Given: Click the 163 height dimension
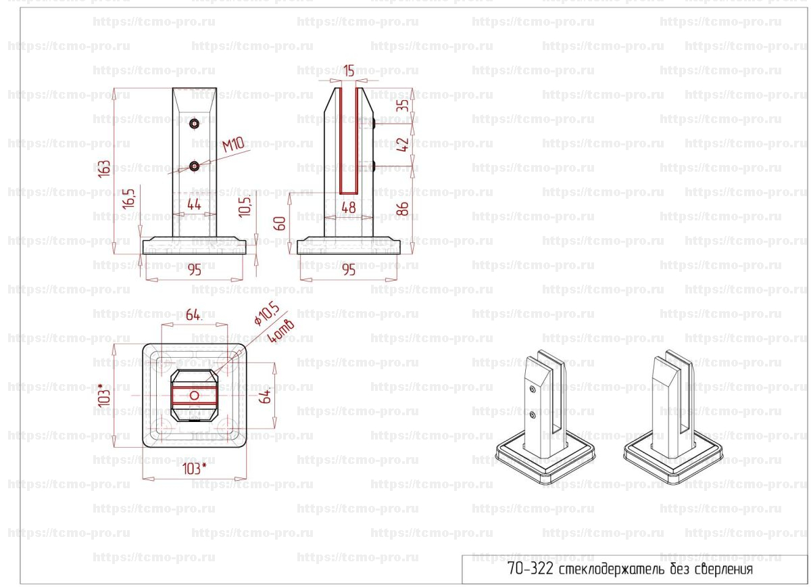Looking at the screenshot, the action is pyautogui.click(x=104, y=169).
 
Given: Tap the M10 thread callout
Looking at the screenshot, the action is pyautogui.click(x=233, y=145).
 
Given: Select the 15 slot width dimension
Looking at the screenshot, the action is pyautogui.click(x=349, y=70).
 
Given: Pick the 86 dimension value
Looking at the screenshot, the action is pyautogui.click(x=403, y=209).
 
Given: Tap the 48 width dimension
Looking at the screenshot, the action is pyautogui.click(x=348, y=208).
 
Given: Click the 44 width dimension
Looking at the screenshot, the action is pyautogui.click(x=194, y=205).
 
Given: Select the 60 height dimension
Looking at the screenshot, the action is pyautogui.click(x=280, y=224).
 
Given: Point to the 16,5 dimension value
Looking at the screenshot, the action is pyautogui.click(x=128, y=199).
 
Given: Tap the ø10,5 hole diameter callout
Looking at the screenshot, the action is pyautogui.click(x=267, y=314).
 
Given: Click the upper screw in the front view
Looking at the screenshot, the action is pyautogui.click(x=195, y=124).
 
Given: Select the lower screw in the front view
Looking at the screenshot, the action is pyautogui.click(x=195, y=166).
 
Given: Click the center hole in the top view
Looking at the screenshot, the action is pyautogui.click(x=195, y=396).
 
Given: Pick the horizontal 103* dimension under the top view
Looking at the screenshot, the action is pyautogui.click(x=195, y=469).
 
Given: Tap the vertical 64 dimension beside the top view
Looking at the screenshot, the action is pyautogui.click(x=266, y=396).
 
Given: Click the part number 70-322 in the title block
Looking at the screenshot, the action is pyautogui.click(x=531, y=569).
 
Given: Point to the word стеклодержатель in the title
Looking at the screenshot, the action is pyautogui.click(x=612, y=569).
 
